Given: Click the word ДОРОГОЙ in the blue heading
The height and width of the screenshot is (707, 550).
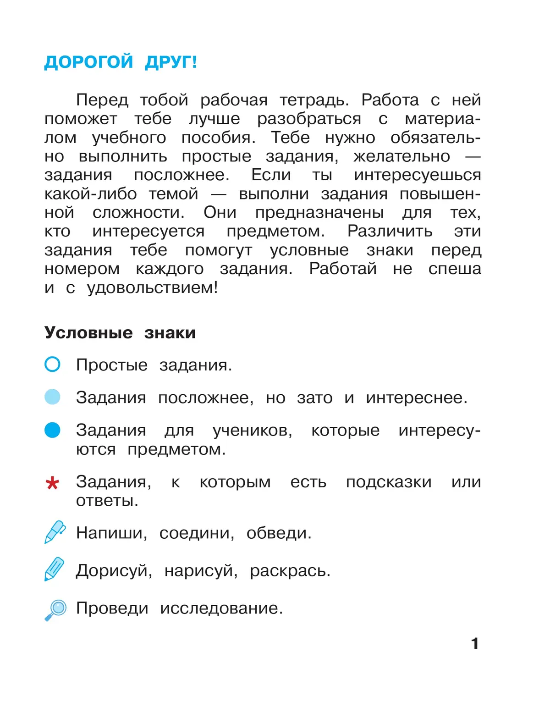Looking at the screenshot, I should pos(88,62).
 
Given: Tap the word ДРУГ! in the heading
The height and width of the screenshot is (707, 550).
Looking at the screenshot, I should pos(171,62).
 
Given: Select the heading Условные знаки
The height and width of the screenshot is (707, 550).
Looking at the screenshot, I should pos(120,332).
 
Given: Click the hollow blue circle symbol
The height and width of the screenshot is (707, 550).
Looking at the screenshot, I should pos(53,365).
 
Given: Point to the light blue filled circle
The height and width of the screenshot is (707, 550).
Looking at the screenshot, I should pos(53,397).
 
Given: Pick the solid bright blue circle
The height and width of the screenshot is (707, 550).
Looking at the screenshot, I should pos(53,430).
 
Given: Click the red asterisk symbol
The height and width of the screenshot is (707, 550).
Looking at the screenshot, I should pos(53,483).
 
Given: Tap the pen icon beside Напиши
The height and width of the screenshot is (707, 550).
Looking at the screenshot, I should pos(55,532).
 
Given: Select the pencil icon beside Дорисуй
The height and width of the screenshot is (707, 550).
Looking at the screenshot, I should pos(55,569).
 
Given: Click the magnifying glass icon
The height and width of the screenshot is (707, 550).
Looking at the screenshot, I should pos(56,609).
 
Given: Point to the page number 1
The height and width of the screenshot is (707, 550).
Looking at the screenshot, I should pos(475,644).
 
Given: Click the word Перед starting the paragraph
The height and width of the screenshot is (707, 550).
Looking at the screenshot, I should pos(102,100).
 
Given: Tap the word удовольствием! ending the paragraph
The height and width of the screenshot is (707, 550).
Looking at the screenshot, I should pos(152,288).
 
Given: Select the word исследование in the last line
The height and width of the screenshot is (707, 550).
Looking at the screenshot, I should pos(221,608).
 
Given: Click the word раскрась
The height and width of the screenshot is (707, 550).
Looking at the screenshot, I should pos(290,571).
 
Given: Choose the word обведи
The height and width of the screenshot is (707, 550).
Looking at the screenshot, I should pos(279,533).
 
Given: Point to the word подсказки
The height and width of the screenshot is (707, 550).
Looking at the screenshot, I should pos(389,482).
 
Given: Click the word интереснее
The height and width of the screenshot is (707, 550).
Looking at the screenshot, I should pos(416,398).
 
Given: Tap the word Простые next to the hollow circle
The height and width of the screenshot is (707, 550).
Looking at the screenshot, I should pos(112,365).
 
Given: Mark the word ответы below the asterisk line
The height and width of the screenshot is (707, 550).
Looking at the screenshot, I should pos(107,501).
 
